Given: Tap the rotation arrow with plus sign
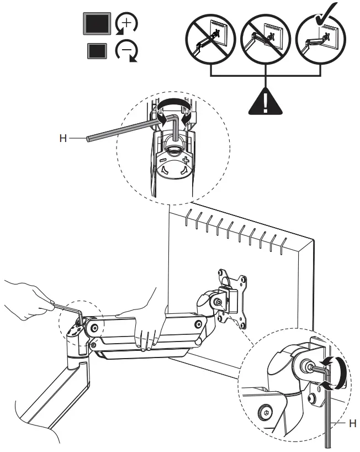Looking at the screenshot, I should tap(126, 25).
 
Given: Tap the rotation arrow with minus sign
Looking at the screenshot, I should tap(126, 52).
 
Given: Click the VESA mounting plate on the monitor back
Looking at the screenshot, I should tap(231, 298).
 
